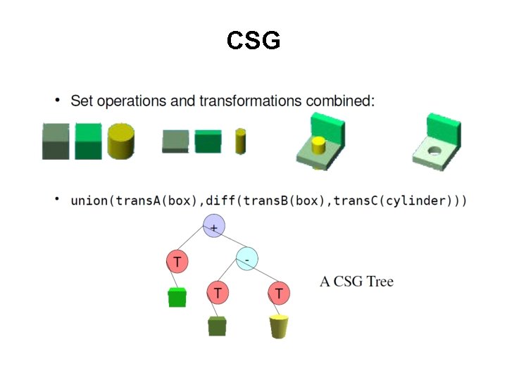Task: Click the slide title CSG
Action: [254, 41]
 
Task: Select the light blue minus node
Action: [247, 258]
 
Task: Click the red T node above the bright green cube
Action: [177, 262]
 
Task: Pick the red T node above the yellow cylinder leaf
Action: [280, 291]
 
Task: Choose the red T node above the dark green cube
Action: [218, 291]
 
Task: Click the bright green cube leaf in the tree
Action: [177, 298]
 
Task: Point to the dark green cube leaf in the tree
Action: [218, 326]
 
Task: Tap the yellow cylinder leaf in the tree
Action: [280, 327]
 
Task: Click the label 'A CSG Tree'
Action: [356, 282]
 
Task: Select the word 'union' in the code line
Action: [89, 201]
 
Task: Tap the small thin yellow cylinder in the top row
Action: [241, 141]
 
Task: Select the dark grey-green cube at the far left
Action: [56, 141]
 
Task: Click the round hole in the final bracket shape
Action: [434, 151]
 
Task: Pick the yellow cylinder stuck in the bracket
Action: [318, 147]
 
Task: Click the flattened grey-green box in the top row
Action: [175, 141]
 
